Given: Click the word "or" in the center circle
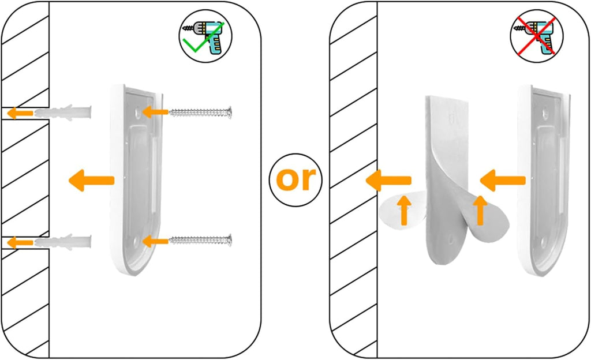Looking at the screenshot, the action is coord(295,179).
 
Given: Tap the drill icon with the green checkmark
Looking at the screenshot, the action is coord(205,36).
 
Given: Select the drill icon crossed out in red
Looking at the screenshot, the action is coord(536,36).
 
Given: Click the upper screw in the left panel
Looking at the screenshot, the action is coord(200,112).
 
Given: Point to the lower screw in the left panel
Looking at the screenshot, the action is coord(200,240).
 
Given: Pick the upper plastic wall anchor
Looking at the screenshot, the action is coord(63,112).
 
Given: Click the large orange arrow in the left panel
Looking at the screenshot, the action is coord(92,181).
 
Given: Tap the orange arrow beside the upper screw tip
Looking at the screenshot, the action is coord(155,112).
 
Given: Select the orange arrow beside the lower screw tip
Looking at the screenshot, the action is coord(155,241).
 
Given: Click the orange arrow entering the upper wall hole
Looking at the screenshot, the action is coord(20,112).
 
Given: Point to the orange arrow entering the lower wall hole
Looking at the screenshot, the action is coord(20,242).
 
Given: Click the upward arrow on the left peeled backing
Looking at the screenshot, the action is coord(404,210).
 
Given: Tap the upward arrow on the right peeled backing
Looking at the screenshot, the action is coord(480,210).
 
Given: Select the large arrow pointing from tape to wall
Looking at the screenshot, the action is coord(388,180).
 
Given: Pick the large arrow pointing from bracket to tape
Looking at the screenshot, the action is coord(503,181).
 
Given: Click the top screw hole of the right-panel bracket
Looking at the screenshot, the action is coord(545,112).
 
